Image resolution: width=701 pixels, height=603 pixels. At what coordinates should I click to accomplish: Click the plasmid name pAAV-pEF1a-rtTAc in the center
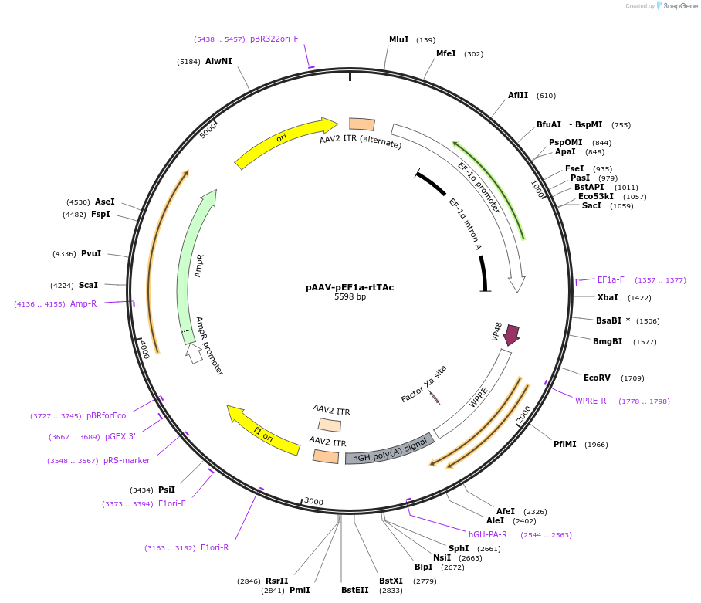coord(350,287)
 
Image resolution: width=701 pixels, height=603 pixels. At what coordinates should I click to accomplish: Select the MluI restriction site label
coord(398,39)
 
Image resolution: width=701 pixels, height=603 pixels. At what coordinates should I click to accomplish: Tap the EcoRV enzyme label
coord(597,378)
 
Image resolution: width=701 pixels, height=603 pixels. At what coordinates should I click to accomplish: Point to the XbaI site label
coord(608,297)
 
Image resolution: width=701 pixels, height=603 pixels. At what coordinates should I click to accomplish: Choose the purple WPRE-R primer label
coord(591,401)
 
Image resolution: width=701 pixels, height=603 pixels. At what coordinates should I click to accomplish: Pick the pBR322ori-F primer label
coord(274,39)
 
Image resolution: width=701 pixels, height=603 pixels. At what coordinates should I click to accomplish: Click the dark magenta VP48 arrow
coord(511,334)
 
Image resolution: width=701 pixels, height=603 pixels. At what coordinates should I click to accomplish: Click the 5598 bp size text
coord(350,297)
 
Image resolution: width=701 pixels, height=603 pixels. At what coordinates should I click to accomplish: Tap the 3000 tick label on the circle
coord(313,501)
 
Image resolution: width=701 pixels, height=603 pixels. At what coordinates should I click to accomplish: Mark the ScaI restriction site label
coord(88,285)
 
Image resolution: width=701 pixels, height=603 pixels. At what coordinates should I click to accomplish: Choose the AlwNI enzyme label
coord(218,61)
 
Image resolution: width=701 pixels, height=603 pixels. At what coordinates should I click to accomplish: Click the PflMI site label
coord(565,444)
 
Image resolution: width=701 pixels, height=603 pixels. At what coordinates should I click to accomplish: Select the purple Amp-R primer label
coord(83,303)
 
